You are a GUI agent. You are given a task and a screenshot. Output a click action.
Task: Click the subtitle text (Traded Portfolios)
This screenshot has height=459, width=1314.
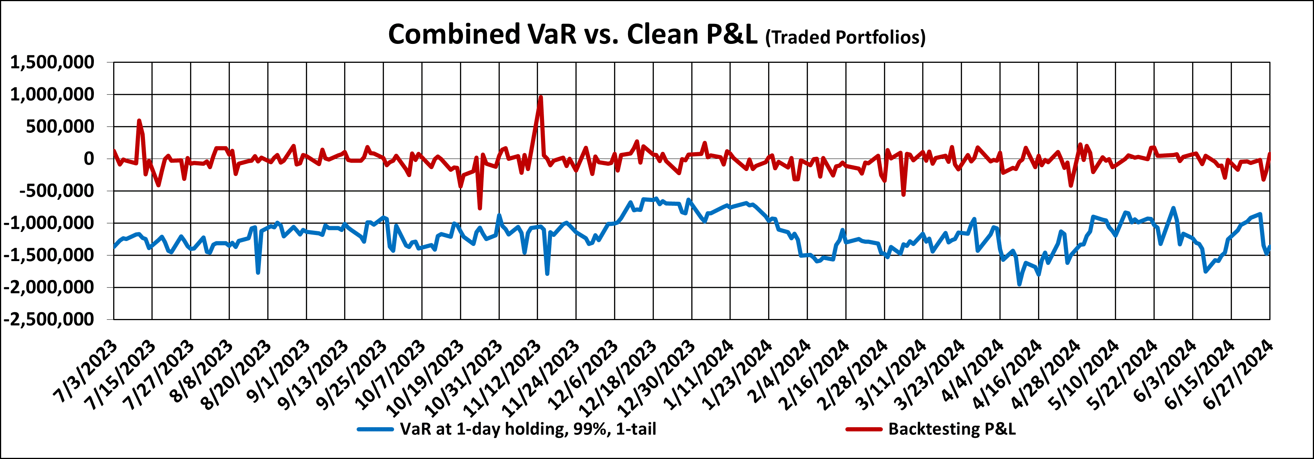click(845, 37)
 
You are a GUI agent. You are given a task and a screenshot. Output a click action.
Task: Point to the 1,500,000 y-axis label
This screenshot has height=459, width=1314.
click(53, 62)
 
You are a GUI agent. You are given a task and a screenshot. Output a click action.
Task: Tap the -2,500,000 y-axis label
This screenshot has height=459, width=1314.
click(50, 319)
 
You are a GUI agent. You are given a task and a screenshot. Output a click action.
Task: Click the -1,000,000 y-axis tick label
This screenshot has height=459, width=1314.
click(50, 223)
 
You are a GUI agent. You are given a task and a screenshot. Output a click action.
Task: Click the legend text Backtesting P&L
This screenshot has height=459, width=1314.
click(952, 429)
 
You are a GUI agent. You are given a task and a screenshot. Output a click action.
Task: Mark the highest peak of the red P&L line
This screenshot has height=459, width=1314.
click(541, 97)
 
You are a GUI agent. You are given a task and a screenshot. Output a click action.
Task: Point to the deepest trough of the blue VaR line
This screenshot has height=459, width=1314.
click(1019, 285)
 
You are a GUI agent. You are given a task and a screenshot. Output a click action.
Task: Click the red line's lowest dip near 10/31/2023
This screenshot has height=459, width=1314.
click(480, 208)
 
